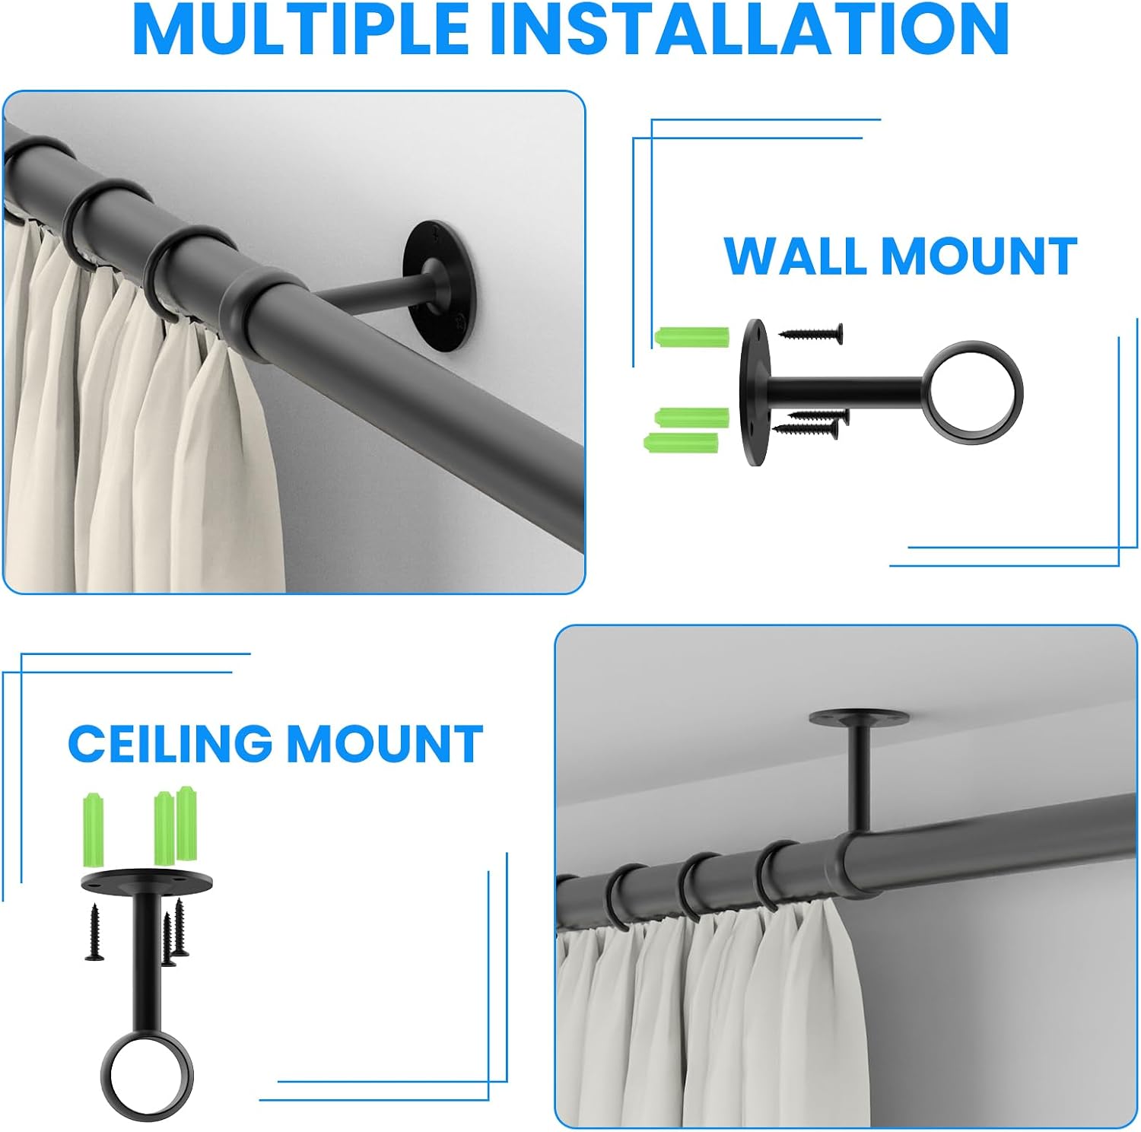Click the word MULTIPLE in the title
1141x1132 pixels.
click(301, 29)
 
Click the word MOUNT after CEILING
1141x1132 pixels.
click(385, 743)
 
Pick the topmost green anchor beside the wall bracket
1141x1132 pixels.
click(691, 335)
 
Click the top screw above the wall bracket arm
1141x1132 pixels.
click(811, 332)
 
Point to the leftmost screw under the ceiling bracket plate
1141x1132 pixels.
click(94, 932)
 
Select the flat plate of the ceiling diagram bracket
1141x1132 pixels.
click(147, 882)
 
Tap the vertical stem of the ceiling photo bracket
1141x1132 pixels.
click(862, 780)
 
